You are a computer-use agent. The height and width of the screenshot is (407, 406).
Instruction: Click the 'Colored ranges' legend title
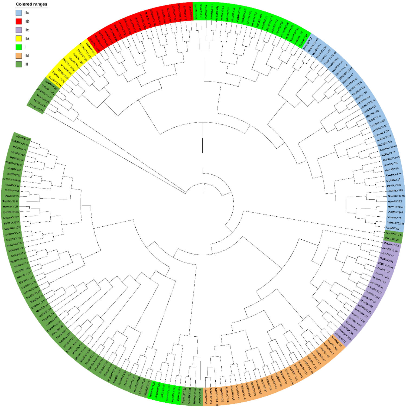[31, 4]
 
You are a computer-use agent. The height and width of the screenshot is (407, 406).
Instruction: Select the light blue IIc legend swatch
[19, 13]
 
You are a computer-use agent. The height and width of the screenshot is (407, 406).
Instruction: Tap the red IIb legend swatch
[19, 21]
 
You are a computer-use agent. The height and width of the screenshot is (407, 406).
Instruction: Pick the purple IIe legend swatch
[19, 30]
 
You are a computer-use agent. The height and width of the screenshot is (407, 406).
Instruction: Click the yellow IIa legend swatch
[19, 38]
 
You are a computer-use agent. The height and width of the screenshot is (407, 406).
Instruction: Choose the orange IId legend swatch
[19, 56]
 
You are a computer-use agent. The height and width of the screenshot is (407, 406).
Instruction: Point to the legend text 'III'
[26, 64]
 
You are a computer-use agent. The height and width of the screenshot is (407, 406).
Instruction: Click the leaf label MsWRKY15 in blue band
[393, 180]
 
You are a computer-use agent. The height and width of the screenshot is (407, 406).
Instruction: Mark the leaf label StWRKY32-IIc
[395, 223]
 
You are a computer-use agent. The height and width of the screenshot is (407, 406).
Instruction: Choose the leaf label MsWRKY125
[11, 207]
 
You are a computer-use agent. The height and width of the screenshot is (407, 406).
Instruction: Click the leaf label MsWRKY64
[12, 191]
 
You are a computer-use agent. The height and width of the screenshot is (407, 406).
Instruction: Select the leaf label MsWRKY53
[395, 201]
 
